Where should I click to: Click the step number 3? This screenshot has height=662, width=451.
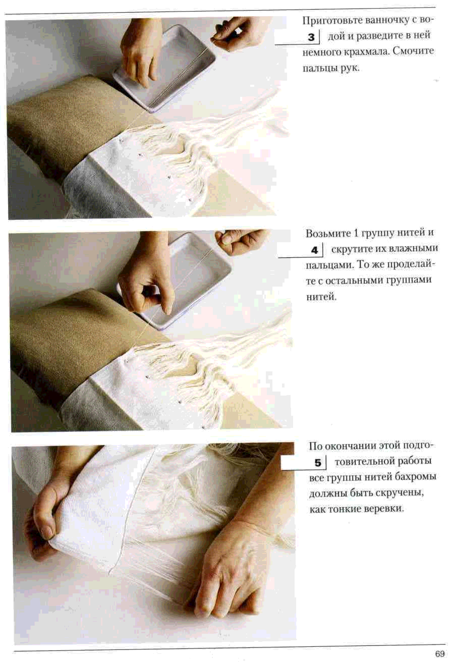coord(311,37)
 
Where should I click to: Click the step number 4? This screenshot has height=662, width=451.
coord(314,250)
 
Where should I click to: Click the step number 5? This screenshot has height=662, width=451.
coord(318,463)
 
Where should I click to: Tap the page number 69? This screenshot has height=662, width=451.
coord(440,653)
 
